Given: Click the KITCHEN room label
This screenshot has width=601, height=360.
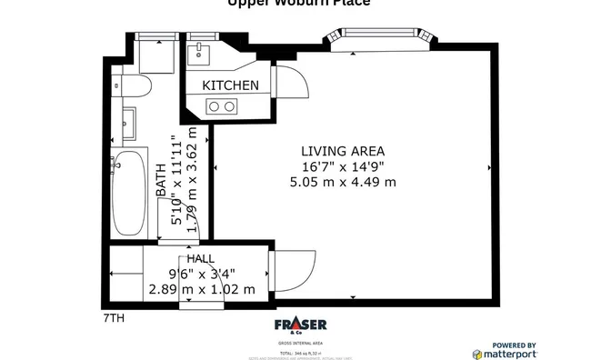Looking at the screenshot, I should [x=230, y=85].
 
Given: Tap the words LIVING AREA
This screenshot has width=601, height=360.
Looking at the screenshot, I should [x=343, y=151].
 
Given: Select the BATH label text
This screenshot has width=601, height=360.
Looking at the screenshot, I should [x=161, y=181].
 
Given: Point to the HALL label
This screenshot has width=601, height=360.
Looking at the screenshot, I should [x=201, y=259].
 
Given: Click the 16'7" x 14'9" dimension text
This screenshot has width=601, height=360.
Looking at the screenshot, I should [x=343, y=166].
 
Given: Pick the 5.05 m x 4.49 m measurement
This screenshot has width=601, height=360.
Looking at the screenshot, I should [x=343, y=182].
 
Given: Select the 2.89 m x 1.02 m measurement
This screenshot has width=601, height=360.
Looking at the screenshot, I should [x=201, y=289].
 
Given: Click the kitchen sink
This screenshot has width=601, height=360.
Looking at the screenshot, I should [x=197, y=53].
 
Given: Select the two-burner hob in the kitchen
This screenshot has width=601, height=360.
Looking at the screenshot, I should [x=221, y=107].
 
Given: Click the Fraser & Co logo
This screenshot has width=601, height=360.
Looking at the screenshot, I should [x=300, y=326].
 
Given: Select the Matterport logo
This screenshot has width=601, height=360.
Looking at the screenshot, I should [x=505, y=354].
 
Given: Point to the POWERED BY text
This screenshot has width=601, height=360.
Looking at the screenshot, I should [x=514, y=344].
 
